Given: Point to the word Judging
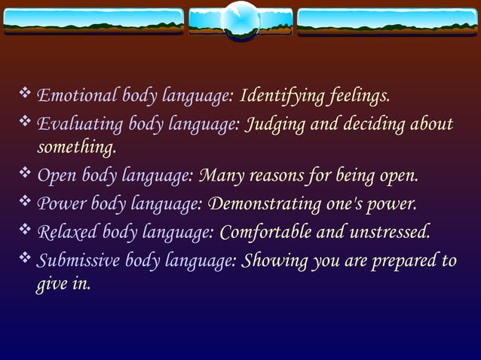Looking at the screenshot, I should (x=274, y=124).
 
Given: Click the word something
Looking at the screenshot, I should (x=76, y=145).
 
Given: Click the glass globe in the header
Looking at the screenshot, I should (x=240, y=20).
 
